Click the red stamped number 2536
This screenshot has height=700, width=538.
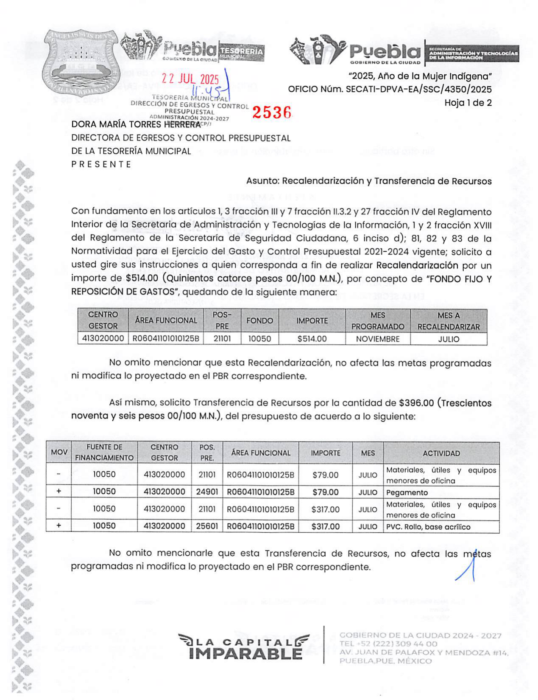tap(272, 112)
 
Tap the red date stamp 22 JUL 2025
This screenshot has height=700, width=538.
tap(191, 79)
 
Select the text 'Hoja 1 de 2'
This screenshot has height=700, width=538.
tap(468, 103)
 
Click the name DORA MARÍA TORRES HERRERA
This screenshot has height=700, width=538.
tap(136, 125)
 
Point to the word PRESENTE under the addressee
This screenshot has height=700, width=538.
tap(101, 164)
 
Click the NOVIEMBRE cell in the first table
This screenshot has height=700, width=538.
tap(378, 339)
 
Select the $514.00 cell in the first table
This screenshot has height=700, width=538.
tap(312, 339)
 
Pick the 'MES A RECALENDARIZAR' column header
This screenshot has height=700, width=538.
tap(449, 321)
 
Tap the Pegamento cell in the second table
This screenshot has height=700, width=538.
tap(407, 493)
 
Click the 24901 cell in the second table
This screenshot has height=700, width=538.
tap(207, 492)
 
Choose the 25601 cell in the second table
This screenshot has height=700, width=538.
tap(207, 526)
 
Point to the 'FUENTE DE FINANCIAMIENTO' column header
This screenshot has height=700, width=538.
tap(104, 453)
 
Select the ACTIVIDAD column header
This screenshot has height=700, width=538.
tap(441, 453)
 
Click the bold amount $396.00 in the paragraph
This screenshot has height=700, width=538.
tap(416, 403)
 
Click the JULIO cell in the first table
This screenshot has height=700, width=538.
tap(449, 339)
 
